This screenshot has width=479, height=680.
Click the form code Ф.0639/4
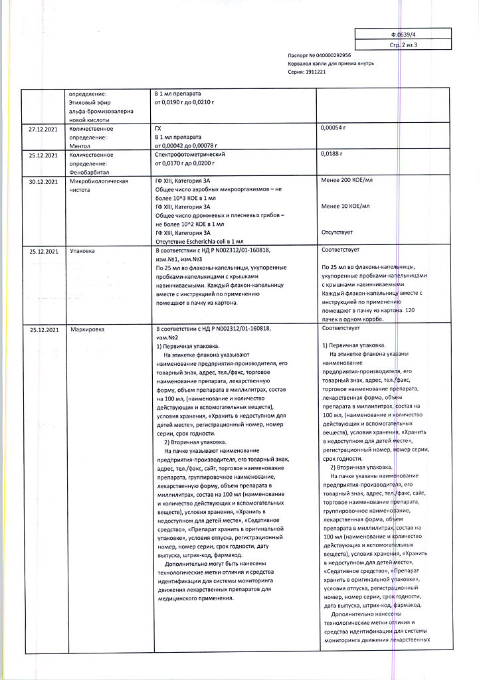[403, 33]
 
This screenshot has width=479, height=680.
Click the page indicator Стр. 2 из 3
[403, 45]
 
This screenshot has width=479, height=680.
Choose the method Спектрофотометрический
[191, 154]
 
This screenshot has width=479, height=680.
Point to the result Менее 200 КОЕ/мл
[347, 181]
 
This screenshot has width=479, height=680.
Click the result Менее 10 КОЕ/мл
[345, 207]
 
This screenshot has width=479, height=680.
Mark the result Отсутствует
[337, 232]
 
